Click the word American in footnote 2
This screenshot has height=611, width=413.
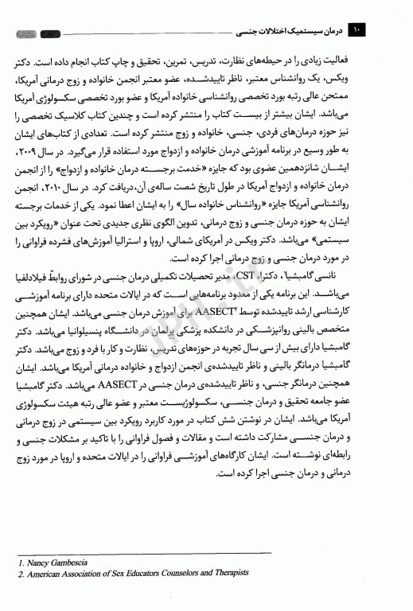click(x=45, y=573)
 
